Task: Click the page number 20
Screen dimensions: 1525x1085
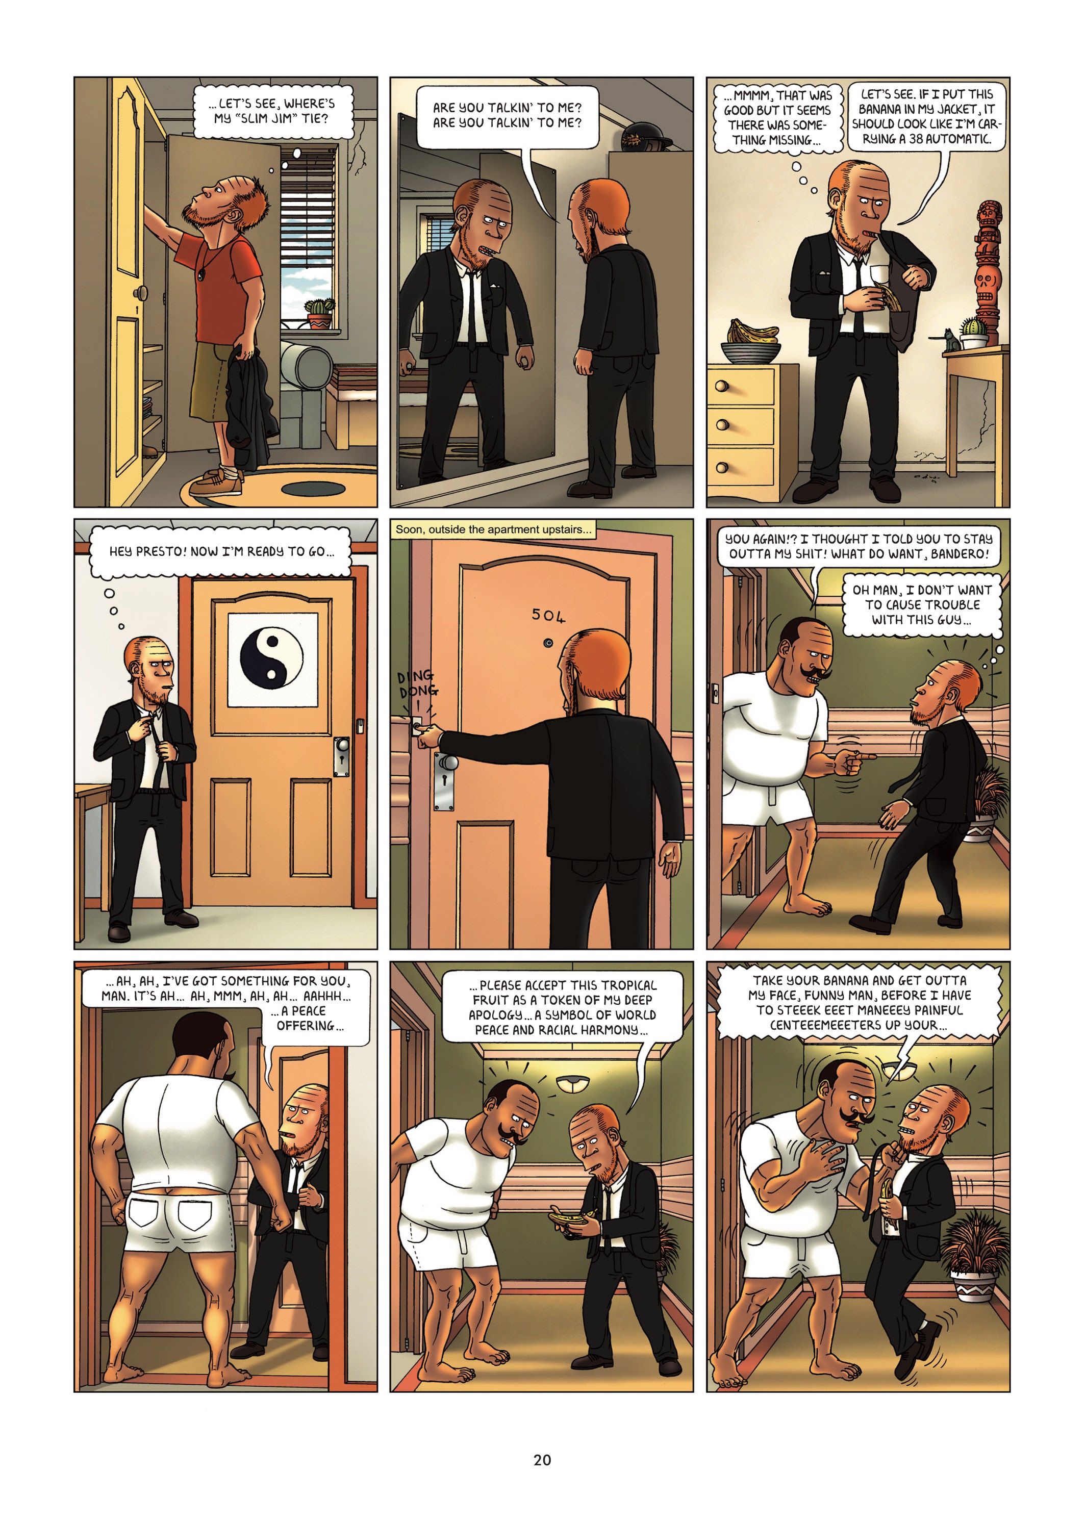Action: (542, 1460)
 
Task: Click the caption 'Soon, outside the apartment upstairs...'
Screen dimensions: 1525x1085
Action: (493, 530)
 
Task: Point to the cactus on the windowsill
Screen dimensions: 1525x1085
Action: (319, 312)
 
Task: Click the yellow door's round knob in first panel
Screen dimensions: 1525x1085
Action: (141, 293)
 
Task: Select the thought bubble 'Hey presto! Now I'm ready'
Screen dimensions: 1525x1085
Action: (220, 552)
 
